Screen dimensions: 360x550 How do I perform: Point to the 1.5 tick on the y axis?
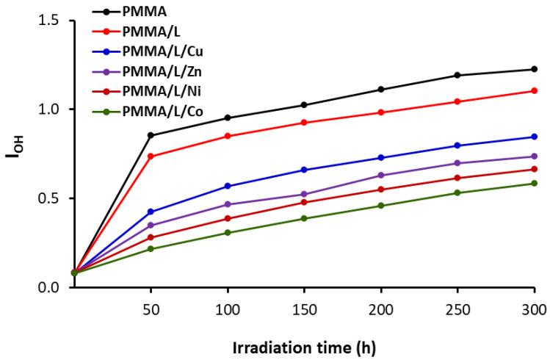[49, 20]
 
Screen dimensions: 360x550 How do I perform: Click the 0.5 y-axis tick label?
[49, 198]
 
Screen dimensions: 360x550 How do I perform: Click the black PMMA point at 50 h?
[151, 135]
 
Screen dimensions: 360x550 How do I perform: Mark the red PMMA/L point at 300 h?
[534, 90]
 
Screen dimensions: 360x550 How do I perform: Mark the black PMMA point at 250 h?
[457, 75]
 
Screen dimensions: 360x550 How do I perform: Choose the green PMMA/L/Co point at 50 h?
[151, 248]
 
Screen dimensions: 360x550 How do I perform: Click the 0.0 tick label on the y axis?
[49, 287]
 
